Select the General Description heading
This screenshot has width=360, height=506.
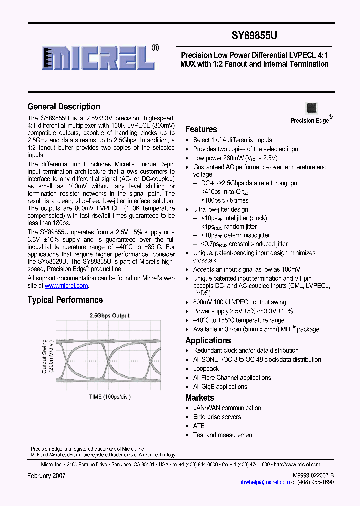(64, 106)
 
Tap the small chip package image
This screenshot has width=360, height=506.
(311, 108)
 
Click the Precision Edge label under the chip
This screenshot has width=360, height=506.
(310, 120)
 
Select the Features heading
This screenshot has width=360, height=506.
(201, 129)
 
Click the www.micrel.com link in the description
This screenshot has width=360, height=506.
(66, 286)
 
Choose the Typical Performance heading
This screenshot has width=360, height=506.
(65, 300)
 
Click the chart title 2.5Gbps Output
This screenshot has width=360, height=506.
(109, 315)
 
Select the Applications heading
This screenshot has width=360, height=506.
(208, 340)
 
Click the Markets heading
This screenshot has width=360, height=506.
(199, 398)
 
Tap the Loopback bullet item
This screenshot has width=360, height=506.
(206, 369)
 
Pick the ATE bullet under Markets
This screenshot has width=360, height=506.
(199, 426)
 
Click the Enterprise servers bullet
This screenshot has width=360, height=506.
(217, 417)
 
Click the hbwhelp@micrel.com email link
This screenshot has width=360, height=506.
(264, 482)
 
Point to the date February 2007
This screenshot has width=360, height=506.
(46, 476)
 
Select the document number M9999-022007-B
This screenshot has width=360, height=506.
(313, 475)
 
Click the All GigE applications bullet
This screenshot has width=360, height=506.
(220, 387)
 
